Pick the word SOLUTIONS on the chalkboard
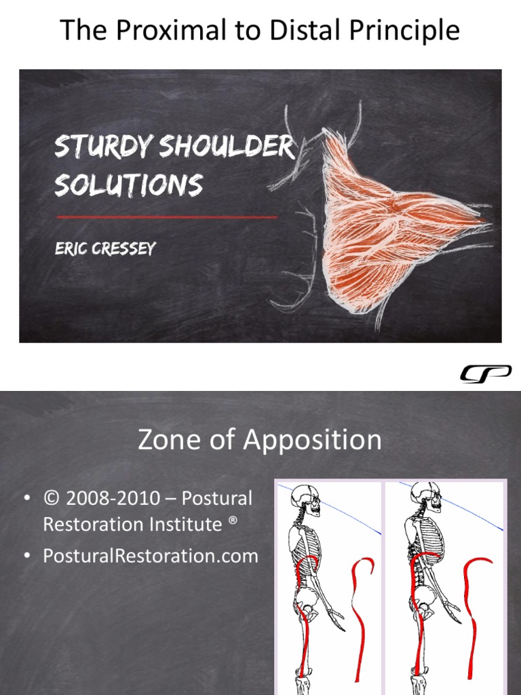tap(128, 184)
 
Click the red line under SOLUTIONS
tap(166, 217)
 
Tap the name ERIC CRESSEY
tap(104, 248)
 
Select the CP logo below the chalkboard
tap(486, 373)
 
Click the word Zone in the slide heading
tap(167, 440)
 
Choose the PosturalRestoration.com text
tap(150, 556)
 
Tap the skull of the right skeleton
tap(424, 494)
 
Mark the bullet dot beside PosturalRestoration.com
tap(27, 556)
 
